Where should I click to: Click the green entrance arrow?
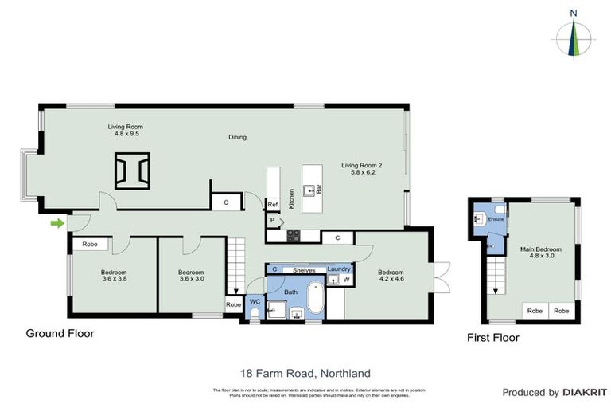(x=56, y=223)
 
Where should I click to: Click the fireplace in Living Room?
(x=132, y=171)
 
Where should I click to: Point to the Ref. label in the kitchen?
(x=272, y=205)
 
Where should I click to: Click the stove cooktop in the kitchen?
(x=293, y=235)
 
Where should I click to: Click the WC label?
(x=254, y=302)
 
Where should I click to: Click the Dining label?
(x=237, y=137)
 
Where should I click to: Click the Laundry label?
(x=339, y=269)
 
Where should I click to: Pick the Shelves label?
(x=304, y=270)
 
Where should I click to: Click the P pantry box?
(x=272, y=221)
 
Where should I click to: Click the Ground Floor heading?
(x=60, y=333)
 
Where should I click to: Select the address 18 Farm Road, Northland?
(x=305, y=372)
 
